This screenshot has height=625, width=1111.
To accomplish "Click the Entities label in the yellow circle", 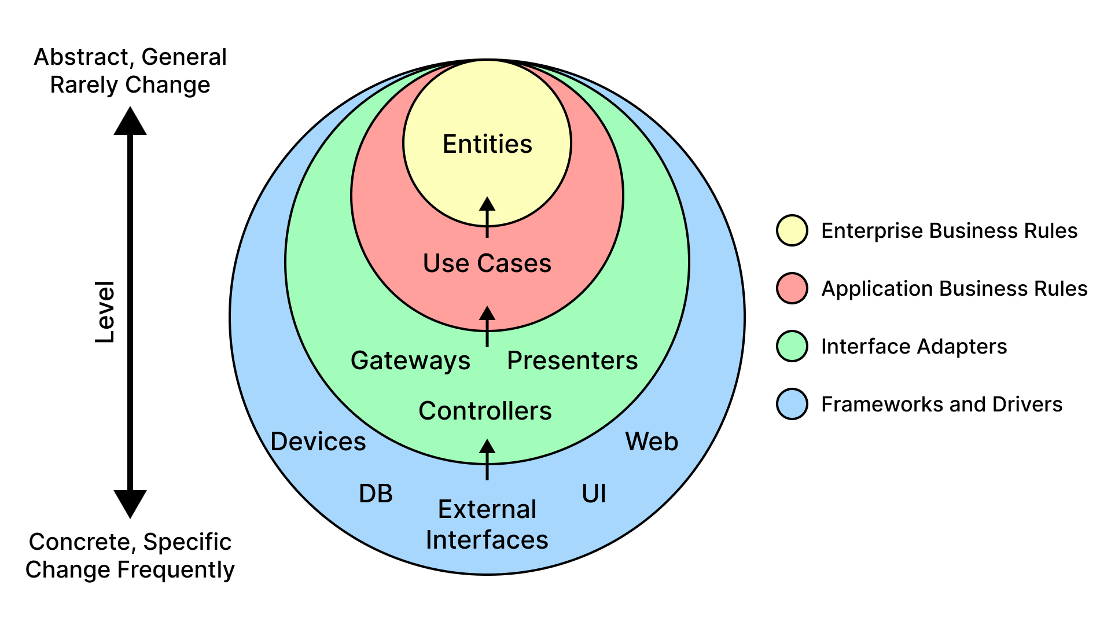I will click(x=487, y=144).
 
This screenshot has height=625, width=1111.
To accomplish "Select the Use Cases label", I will click(x=487, y=263).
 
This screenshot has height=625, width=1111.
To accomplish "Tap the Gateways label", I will click(x=410, y=361).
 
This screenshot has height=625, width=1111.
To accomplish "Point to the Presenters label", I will click(x=572, y=361).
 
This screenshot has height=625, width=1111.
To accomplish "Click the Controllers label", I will click(x=485, y=411).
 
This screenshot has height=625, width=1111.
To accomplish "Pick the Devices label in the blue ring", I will click(x=318, y=442).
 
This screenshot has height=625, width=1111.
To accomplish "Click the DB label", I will click(x=376, y=494).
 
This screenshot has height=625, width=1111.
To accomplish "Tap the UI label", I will click(x=594, y=494).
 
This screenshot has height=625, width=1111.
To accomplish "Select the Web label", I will click(x=652, y=442).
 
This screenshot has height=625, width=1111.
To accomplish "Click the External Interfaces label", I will click(x=487, y=524).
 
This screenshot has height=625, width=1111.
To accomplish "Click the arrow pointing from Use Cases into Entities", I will click(x=487, y=217).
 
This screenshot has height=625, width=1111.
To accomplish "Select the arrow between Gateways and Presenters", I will click(x=487, y=326).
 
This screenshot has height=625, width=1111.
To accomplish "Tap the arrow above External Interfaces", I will click(x=487, y=459).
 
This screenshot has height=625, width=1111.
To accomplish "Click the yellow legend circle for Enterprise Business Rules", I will click(x=792, y=230).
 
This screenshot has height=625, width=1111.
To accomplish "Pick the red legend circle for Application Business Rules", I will click(x=792, y=288).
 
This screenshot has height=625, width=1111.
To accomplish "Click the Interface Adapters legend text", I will click(x=914, y=346).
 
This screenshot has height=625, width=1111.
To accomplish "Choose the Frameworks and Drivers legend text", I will click(x=941, y=404).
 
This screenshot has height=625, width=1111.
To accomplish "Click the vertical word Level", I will click(x=105, y=312).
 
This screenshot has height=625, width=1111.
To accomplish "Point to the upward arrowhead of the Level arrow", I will click(x=130, y=122).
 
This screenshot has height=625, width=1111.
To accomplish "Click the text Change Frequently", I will click(x=130, y=569).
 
